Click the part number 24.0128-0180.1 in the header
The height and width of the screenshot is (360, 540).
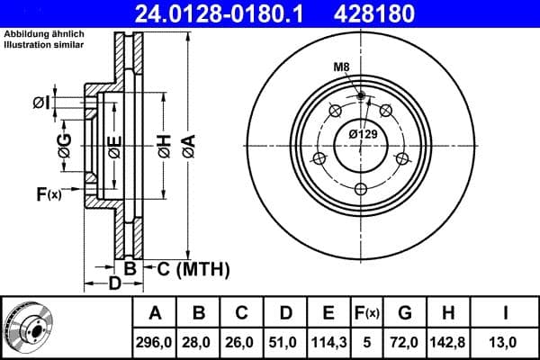pyautogui.click(x=231, y=13)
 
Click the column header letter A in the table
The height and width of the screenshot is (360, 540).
pyautogui.click(x=155, y=313)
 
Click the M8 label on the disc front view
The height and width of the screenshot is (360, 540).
pyautogui.click(x=341, y=68)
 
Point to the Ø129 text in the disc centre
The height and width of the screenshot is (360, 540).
pyautogui.click(x=361, y=134)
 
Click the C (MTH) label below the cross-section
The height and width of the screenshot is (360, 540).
pyautogui.click(x=193, y=268)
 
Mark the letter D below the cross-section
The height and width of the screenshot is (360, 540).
pyautogui.click(x=115, y=285)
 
